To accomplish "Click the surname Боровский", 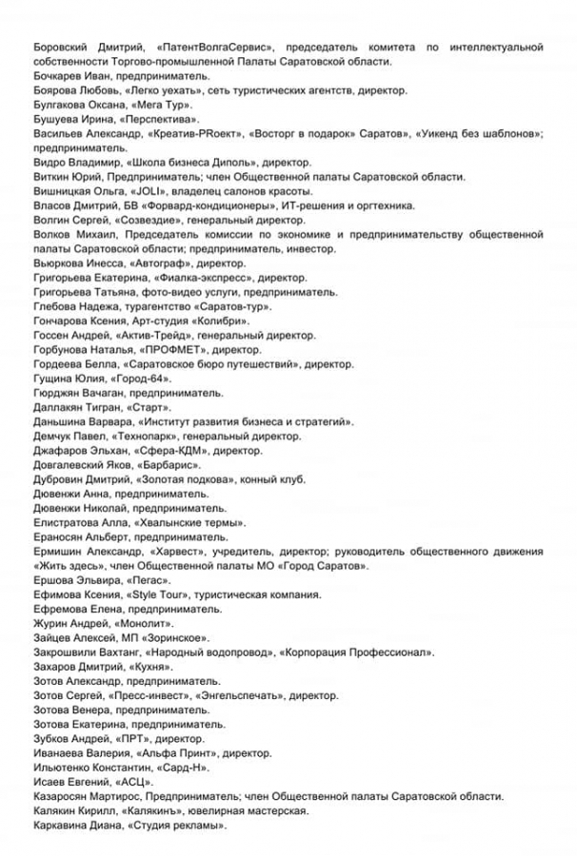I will pyautogui.click(x=63, y=47).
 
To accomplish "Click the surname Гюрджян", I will pyautogui.click(x=61, y=393).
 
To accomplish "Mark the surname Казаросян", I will pyautogui.click(x=66, y=796).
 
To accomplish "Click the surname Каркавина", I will pyautogui.click(x=67, y=826).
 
